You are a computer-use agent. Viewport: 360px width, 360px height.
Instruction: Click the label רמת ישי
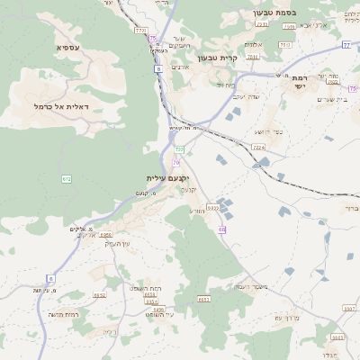(x=299, y=83)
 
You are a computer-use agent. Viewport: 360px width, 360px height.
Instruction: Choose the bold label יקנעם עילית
(x=169, y=178)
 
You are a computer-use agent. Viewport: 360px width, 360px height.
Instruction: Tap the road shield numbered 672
(x=67, y=179)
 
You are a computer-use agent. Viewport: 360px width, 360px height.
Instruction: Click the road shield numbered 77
(x=346, y=44)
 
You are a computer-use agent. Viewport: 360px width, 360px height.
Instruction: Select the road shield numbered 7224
(x=259, y=147)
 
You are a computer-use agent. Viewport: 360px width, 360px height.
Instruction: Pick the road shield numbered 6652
(x=99, y=294)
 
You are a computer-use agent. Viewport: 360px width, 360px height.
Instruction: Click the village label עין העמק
(x=118, y=243)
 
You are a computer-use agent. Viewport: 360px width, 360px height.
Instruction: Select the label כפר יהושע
(x=267, y=132)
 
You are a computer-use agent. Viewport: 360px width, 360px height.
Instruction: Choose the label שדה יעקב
(x=246, y=96)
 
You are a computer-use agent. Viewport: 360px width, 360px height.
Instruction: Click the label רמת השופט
(x=146, y=287)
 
